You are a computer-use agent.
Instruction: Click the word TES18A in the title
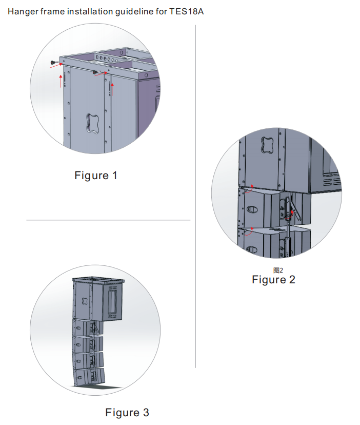[x=186, y=12]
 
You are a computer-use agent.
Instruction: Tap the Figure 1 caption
[x=95, y=176]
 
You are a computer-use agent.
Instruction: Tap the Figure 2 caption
[x=273, y=280]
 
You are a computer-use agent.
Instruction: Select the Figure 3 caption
[x=127, y=413]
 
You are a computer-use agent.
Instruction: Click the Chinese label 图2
[x=278, y=270]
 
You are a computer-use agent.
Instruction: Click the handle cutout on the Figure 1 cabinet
[x=92, y=124]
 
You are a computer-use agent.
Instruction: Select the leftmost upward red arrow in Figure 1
[x=61, y=81]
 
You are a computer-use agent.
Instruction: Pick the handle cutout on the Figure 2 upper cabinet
[x=267, y=145]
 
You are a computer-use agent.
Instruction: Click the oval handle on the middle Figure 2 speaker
[x=252, y=209]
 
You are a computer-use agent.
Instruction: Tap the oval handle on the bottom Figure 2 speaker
[x=252, y=249]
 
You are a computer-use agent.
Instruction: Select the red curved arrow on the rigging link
[x=290, y=215]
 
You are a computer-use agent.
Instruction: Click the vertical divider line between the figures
[x=195, y=197]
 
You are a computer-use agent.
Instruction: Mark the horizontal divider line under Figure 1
[x=108, y=220]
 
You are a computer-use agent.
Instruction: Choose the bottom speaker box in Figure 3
[x=89, y=377]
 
